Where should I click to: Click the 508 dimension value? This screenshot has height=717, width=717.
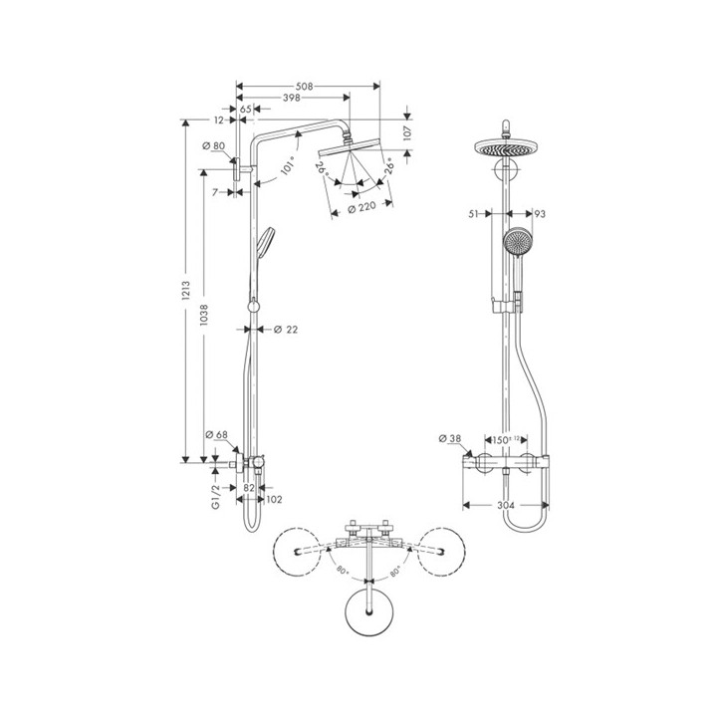(x=307, y=88)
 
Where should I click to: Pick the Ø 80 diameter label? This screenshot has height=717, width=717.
(x=213, y=146)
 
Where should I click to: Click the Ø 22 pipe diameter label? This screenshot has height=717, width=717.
(x=285, y=329)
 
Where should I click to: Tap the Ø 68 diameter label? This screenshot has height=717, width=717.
(x=216, y=435)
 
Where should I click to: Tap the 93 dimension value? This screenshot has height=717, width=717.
(x=539, y=213)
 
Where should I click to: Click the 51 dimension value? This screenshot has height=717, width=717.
(x=475, y=213)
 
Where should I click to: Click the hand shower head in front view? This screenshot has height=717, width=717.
(x=516, y=242)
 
